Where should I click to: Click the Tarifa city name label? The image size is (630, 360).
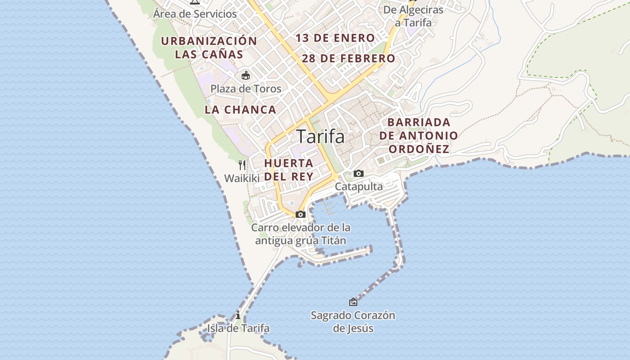point(321,136)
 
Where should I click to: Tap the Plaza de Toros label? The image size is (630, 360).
point(246,89)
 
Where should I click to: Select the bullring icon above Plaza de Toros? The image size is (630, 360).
point(246,75)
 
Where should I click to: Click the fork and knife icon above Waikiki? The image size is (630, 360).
point(242,165)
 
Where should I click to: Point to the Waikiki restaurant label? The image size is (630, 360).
point(242,178)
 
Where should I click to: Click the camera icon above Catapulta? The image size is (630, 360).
point(359,173)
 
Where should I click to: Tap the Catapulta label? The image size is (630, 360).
point(359,186)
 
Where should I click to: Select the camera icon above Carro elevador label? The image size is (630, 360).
point(301,214)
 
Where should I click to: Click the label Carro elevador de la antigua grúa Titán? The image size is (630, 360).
point(301,234)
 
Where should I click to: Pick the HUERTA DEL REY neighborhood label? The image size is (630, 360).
point(288,170)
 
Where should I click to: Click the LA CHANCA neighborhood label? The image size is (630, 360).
point(240,110)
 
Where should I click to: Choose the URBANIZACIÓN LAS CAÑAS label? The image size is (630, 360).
point(209,48)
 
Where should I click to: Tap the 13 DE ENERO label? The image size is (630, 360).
point(335,38)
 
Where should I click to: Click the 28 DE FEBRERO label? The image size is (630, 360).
point(348,58)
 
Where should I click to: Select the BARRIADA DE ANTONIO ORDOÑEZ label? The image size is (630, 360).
point(418,135)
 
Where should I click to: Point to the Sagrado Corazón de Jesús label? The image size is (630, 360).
point(353,322)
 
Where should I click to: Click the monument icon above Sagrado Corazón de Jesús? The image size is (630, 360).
point(353,302)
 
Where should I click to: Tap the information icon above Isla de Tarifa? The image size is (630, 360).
point(238,315)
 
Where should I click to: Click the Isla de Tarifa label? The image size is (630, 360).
point(238,328)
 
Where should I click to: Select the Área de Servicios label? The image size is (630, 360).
point(195,13)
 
